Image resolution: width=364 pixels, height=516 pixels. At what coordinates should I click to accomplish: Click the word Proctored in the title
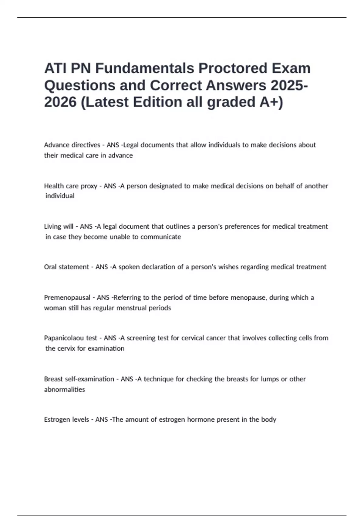tap(233, 68)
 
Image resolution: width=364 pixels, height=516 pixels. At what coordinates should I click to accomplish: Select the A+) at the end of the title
tap(271, 102)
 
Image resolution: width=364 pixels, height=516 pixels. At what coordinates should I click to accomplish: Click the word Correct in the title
tap(176, 85)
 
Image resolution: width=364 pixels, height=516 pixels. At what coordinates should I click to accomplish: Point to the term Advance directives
tap(72, 145)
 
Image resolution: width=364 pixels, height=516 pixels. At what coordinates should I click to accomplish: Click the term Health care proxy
tap(71, 186)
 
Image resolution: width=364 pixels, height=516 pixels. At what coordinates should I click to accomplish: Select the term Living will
tap(59, 226)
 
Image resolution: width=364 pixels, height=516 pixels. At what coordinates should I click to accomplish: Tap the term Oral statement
tap(66, 267)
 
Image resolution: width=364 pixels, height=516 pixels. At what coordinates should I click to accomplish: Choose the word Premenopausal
tap(67, 297)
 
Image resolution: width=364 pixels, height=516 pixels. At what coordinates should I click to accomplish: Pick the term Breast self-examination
tap(79, 379)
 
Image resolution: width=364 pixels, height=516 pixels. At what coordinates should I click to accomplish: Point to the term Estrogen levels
tap(66, 419)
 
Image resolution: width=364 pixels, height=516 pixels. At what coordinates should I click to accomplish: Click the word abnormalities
tap(64, 389)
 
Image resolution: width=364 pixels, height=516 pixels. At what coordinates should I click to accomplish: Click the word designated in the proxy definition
tap(164, 186)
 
